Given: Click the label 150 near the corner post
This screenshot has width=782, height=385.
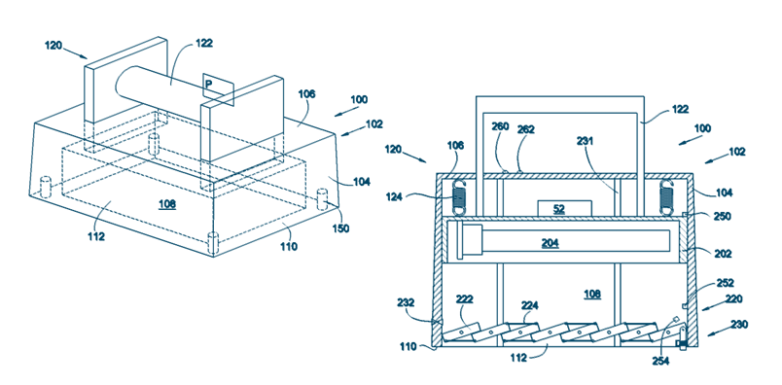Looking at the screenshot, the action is click(x=342, y=228).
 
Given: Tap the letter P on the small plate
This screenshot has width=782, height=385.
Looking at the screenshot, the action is click(x=209, y=85).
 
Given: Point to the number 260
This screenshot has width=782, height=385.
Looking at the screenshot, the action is click(x=500, y=126).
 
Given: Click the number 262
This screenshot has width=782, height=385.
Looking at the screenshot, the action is click(x=525, y=129).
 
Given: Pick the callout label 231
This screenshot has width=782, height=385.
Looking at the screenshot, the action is click(x=585, y=141).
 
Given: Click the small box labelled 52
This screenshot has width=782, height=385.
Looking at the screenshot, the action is click(x=564, y=209).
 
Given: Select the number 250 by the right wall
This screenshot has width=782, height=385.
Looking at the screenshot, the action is click(x=722, y=217).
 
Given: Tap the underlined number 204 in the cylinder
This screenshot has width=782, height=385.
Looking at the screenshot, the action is click(x=551, y=243).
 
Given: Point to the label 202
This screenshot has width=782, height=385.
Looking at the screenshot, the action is click(x=723, y=254).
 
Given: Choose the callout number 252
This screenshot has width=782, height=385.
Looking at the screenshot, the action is click(x=726, y=283).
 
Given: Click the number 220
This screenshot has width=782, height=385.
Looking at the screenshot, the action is click(x=734, y=299).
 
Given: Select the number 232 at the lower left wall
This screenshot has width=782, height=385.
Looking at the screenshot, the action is click(x=406, y=301).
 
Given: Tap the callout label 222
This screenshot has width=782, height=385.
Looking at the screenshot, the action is click(x=464, y=299).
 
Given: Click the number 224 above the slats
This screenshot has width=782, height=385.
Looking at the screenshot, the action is click(x=530, y=304).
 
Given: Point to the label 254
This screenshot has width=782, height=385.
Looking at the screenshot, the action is click(x=660, y=360).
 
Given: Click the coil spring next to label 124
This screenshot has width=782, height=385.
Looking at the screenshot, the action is click(x=459, y=198).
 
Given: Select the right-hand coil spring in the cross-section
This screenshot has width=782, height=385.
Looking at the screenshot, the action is click(x=668, y=198).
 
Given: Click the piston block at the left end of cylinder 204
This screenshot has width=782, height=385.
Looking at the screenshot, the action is click(x=473, y=242).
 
